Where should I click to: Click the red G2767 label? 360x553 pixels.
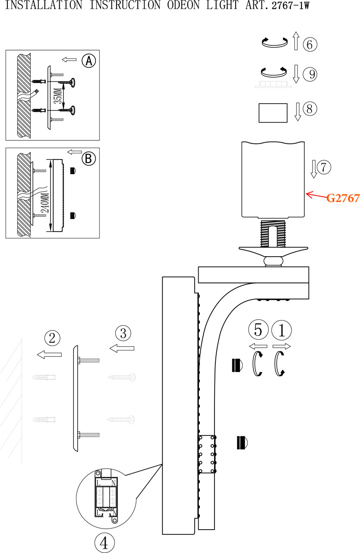[x=343, y=198]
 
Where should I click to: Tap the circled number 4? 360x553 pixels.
[x=104, y=543]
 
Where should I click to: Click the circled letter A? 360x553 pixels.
[x=88, y=61]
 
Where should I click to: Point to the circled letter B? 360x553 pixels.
[x=88, y=159]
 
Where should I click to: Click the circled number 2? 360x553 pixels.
[x=52, y=337]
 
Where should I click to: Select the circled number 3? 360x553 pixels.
[x=123, y=333]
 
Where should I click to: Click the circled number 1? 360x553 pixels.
[x=282, y=331]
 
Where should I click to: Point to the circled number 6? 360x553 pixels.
[x=310, y=44]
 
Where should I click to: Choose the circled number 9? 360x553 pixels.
[x=310, y=74]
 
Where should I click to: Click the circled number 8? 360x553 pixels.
[x=310, y=108]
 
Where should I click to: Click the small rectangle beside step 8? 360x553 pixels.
[x=273, y=113]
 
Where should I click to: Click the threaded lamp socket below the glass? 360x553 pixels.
[x=273, y=233]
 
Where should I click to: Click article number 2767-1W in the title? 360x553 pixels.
[x=291, y=6]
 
